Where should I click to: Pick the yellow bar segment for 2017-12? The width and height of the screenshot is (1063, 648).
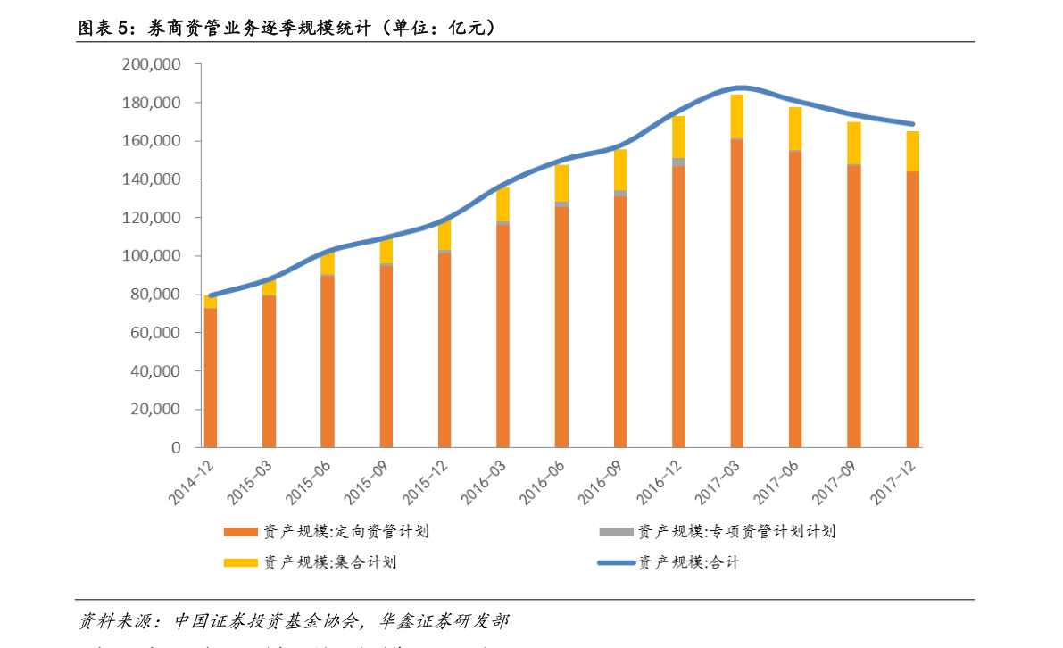(912, 151)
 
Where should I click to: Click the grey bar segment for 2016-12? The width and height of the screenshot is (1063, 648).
(678, 162)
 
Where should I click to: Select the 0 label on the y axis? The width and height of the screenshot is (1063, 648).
(176, 447)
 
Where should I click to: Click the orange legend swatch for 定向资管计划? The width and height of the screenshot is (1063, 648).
(239, 532)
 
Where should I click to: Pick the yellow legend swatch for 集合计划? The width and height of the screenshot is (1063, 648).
(239, 562)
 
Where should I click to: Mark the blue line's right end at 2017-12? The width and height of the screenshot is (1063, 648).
(912, 124)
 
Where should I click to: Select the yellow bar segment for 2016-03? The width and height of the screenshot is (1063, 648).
(502, 204)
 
